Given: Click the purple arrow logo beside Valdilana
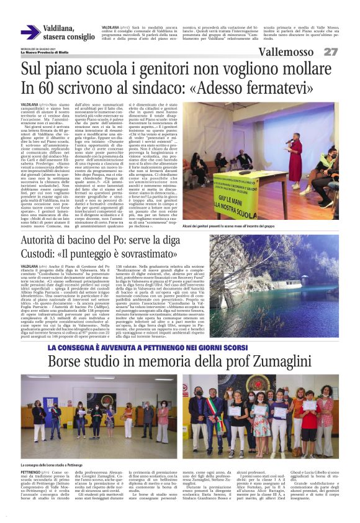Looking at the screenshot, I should pos(30,33).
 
